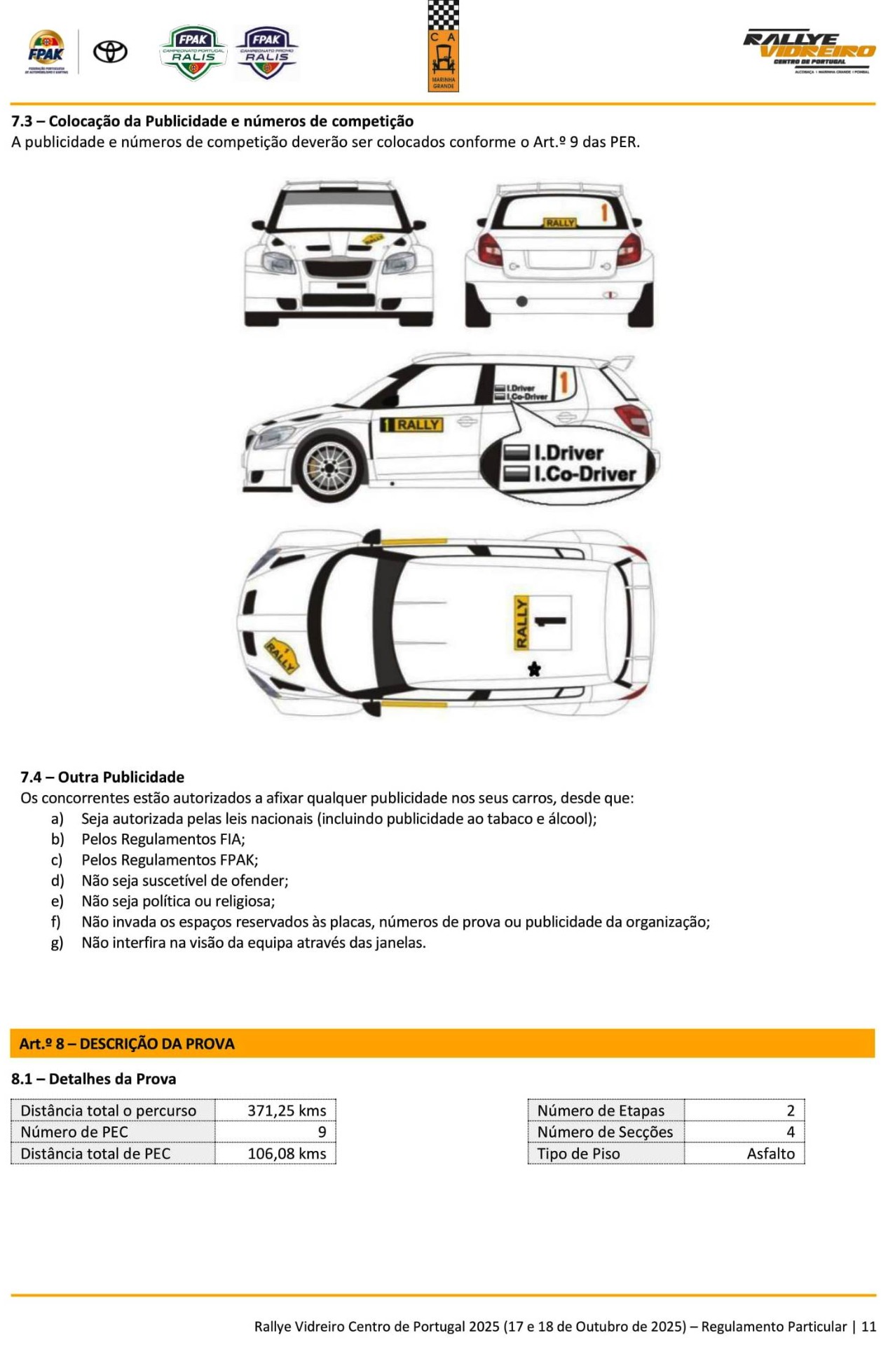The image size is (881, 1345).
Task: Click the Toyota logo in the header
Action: (111, 51)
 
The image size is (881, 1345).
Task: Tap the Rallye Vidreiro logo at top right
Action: (810, 51)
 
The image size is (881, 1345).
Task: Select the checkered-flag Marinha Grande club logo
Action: (443, 46)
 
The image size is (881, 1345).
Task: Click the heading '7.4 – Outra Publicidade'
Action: (102, 777)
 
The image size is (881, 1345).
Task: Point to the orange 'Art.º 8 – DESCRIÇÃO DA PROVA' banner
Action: (442, 1043)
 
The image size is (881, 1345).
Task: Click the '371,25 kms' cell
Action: (287, 1110)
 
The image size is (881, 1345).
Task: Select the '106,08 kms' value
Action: (287, 1153)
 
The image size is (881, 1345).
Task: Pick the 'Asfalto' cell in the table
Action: (770, 1153)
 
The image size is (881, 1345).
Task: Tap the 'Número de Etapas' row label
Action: (601, 1110)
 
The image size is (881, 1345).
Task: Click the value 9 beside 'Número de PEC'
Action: (322, 1131)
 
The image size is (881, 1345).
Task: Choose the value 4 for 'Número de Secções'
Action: (791, 1131)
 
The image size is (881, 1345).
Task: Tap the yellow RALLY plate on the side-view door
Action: (412, 425)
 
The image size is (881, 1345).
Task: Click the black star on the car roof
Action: (534, 669)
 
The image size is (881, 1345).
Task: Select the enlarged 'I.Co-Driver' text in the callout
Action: (585, 474)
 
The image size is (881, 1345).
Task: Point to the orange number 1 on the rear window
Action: (603, 212)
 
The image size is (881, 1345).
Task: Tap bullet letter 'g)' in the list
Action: (57, 942)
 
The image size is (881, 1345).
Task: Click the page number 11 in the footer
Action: (868, 1326)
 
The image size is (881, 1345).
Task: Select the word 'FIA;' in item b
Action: (232, 839)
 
